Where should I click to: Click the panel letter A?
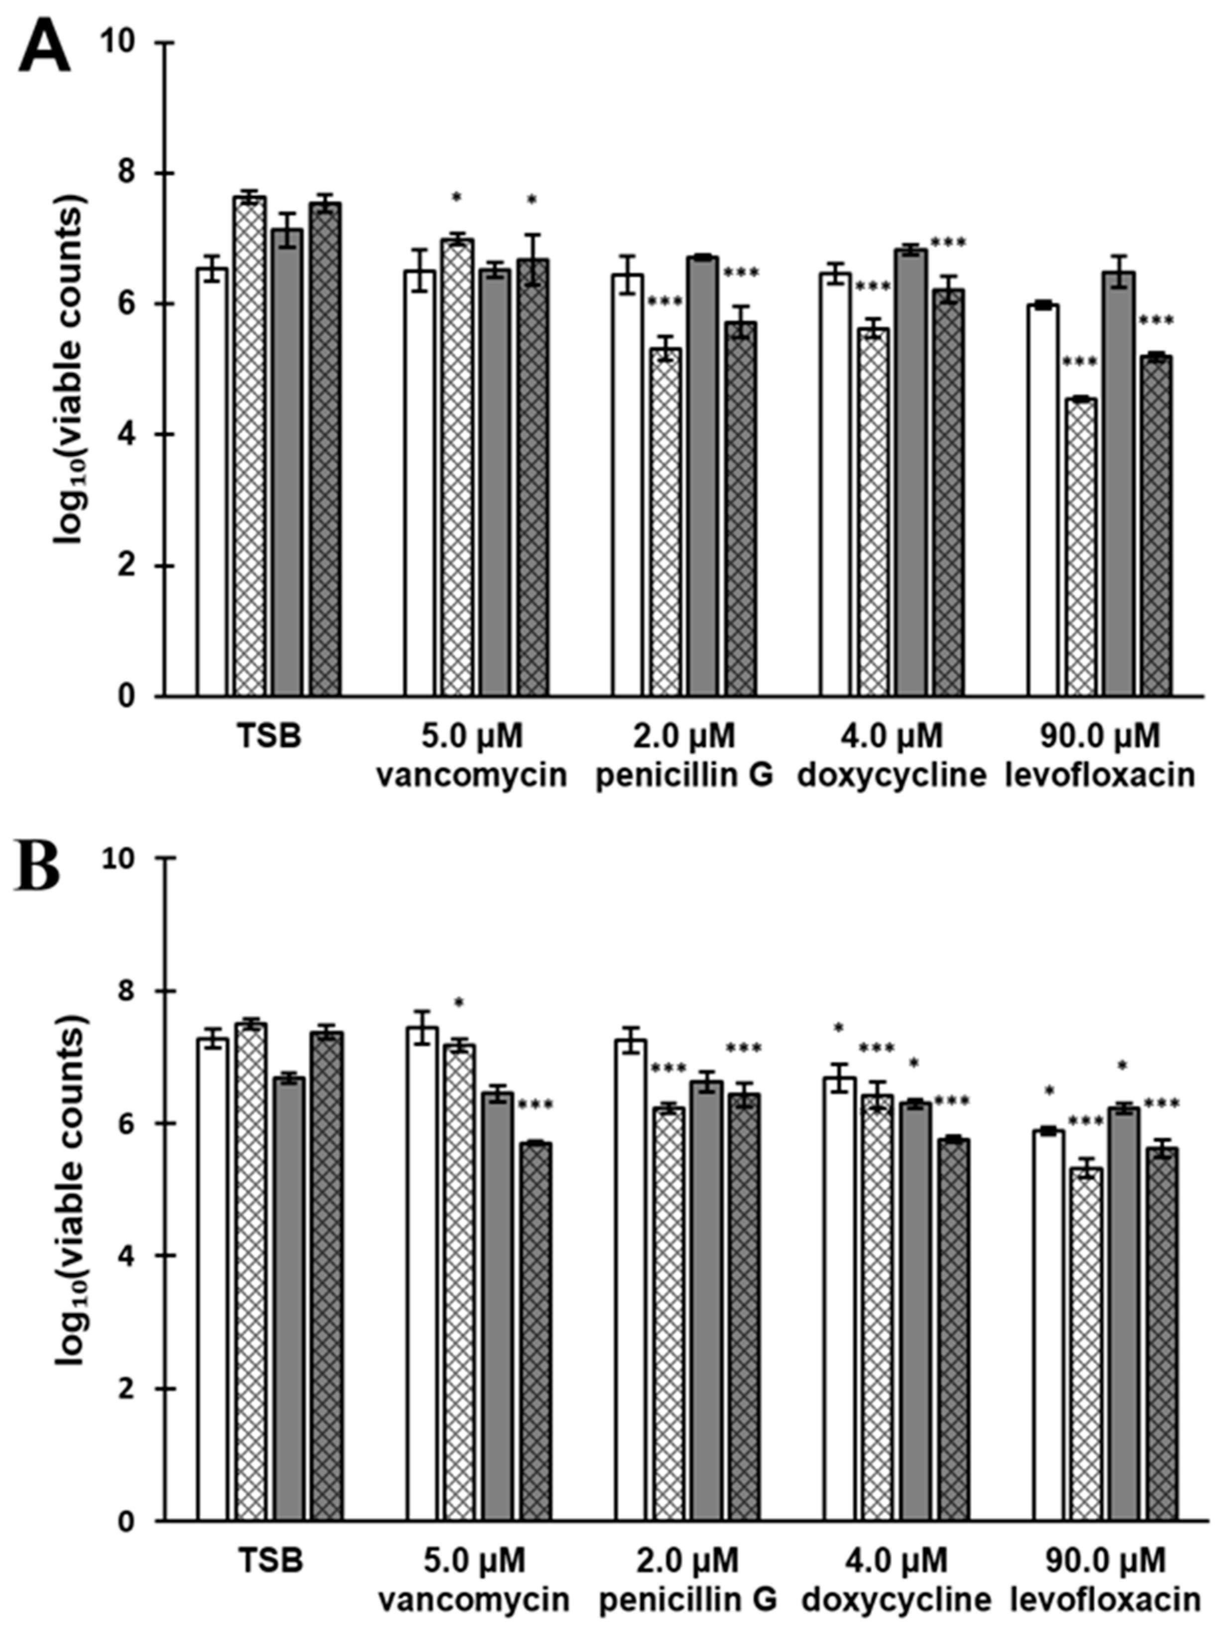(x=44, y=45)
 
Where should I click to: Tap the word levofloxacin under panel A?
(x=1099, y=776)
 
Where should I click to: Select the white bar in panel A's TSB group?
(x=212, y=482)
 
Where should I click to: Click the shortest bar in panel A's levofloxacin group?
(x=1082, y=547)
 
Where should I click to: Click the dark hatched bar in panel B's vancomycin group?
(x=536, y=1332)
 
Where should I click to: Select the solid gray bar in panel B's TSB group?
(x=292, y=1300)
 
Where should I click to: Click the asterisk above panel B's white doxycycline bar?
(x=838, y=1028)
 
